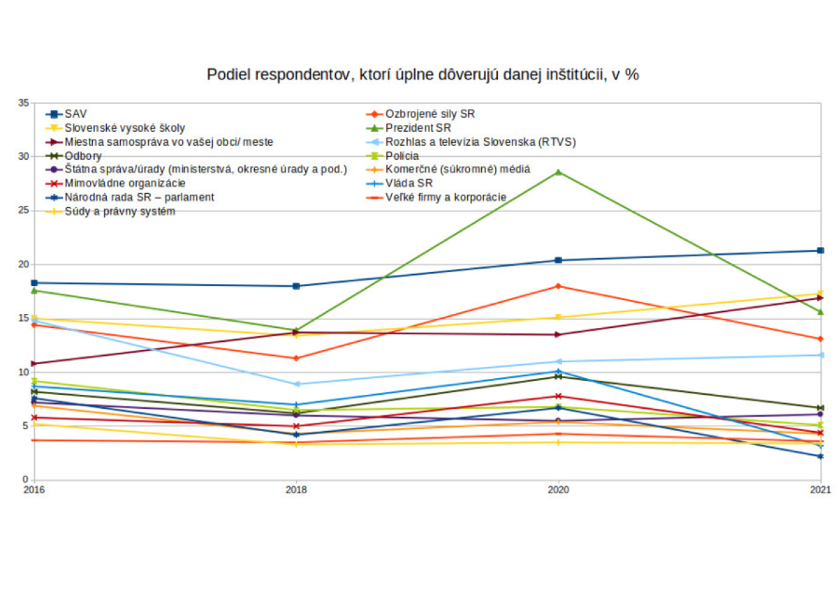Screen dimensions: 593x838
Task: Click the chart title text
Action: pos(422,75)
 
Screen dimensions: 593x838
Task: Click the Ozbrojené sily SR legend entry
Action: pos(430,114)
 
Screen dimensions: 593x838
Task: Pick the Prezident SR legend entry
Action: pos(418,128)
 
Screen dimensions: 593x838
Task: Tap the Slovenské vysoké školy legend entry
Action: pos(125,128)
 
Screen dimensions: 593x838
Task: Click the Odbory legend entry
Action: pos(84,156)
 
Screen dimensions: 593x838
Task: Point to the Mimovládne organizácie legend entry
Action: pos(125,183)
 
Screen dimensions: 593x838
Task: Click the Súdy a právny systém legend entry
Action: pos(119,211)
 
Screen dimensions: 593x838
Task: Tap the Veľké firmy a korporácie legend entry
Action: pos(446,197)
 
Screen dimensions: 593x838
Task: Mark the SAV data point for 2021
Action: pos(821,250)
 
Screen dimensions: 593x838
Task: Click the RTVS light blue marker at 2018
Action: pos(296,384)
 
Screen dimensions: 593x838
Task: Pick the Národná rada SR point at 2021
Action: pos(821,456)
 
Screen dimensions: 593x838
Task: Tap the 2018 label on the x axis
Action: pos(296,490)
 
